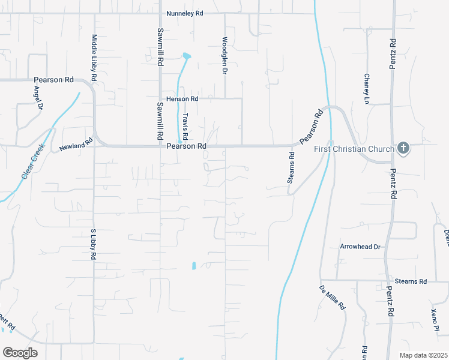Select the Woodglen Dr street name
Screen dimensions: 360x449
(224, 56)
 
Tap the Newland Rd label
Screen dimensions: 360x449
(76, 143)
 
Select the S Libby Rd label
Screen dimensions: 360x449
(93, 244)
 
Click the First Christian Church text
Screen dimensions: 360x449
(354, 149)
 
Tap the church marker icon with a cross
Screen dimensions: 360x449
(403, 148)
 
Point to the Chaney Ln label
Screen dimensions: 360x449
(366, 89)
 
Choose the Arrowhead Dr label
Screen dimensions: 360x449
(360, 247)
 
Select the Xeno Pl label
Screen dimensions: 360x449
(435, 319)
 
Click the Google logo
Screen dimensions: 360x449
(20, 353)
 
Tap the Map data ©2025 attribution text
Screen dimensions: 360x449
(424, 355)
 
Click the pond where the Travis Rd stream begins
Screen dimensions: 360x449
(187, 56)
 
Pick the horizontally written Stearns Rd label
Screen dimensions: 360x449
(411, 281)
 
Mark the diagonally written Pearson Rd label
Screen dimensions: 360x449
(312, 127)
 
